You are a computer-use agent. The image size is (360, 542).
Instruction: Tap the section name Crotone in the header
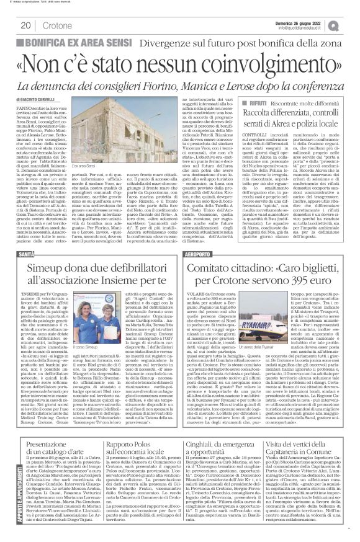pyautogui.click(x=57, y=25)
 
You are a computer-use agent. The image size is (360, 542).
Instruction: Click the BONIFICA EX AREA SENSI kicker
pyautogui.click(x=53, y=41)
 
